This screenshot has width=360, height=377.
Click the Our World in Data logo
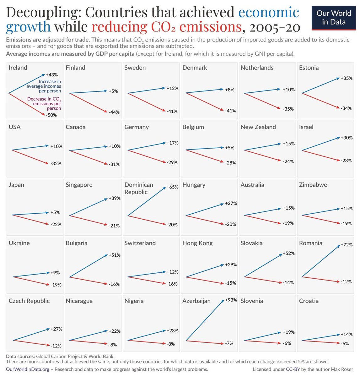coord(333,18)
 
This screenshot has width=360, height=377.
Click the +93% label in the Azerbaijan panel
coord(231,300)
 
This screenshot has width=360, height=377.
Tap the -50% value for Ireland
coord(51,115)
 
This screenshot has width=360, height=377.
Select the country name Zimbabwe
coord(313,185)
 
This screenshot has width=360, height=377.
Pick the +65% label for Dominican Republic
coord(172,187)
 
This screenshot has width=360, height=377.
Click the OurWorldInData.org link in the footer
coord(28,369)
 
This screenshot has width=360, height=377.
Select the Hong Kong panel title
coord(197,243)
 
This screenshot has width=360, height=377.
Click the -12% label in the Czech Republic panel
coord(56,346)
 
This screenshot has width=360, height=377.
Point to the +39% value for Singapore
coord(114,198)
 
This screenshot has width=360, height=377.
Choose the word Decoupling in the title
coord(43,13)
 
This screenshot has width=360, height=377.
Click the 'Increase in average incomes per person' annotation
coord(44,86)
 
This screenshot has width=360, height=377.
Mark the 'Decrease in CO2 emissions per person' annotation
coord(44,103)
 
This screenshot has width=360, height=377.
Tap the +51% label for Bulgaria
coord(114,255)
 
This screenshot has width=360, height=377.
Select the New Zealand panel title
coord(258,127)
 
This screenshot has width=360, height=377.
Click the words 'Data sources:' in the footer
coord(20,356)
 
